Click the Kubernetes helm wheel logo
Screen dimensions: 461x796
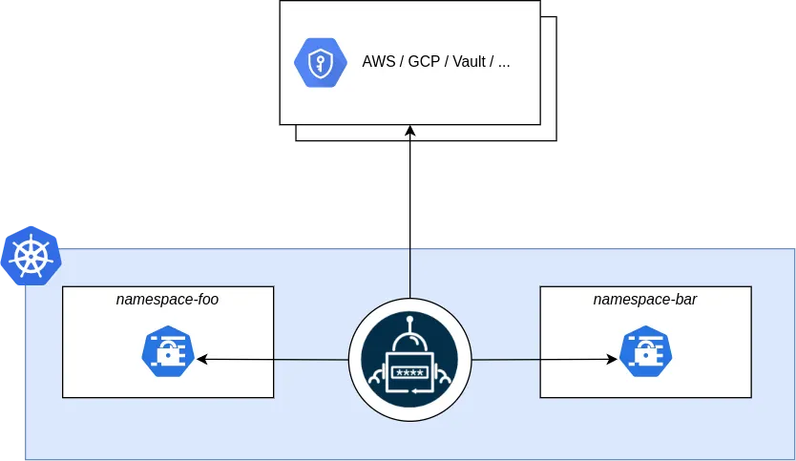pos(31,256)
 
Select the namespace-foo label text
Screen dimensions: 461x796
pos(167,299)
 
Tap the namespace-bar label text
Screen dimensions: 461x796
pos(644,299)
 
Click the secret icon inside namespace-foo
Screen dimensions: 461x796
pos(168,352)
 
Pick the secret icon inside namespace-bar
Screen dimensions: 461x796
pos(645,352)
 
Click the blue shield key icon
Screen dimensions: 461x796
pos(319,62)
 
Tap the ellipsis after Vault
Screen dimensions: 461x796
pos(504,64)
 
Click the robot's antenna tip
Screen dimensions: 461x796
pos(409,321)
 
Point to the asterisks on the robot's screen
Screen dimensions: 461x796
pos(409,371)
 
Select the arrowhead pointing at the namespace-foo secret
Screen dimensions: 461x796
pos(201,360)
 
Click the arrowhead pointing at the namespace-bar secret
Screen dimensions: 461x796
pos(612,360)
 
